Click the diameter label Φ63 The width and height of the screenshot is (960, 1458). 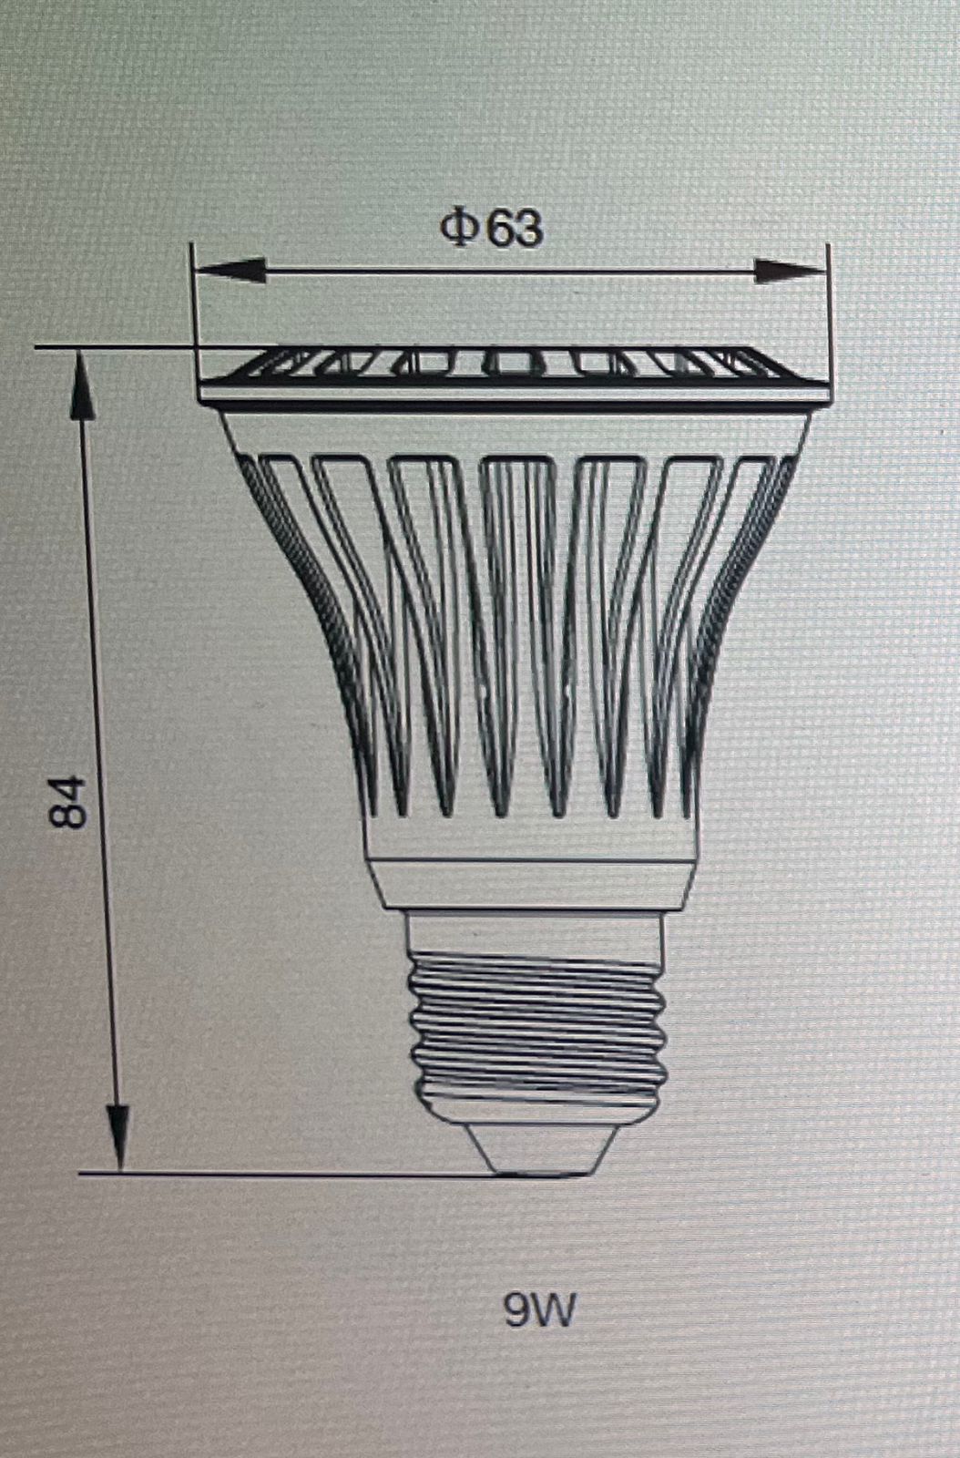click(x=492, y=228)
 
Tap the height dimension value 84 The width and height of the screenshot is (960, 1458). click(x=69, y=801)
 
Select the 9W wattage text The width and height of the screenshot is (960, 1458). click(x=539, y=1310)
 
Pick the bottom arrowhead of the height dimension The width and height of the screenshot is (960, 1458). click(x=117, y=1135)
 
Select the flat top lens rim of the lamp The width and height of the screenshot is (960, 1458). click(x=515, y=374)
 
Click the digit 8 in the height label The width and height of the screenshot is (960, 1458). click(x=69, y=816)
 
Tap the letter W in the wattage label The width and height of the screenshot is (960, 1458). click(x=556, y=1310)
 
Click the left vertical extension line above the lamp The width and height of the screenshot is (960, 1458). click(x=193, y=301)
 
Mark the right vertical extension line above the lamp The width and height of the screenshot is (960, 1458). click(x=829, y=301)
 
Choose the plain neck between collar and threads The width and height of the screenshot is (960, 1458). click(x=536, y=929)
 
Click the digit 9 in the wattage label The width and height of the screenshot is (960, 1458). click(x=519, y=1310)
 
